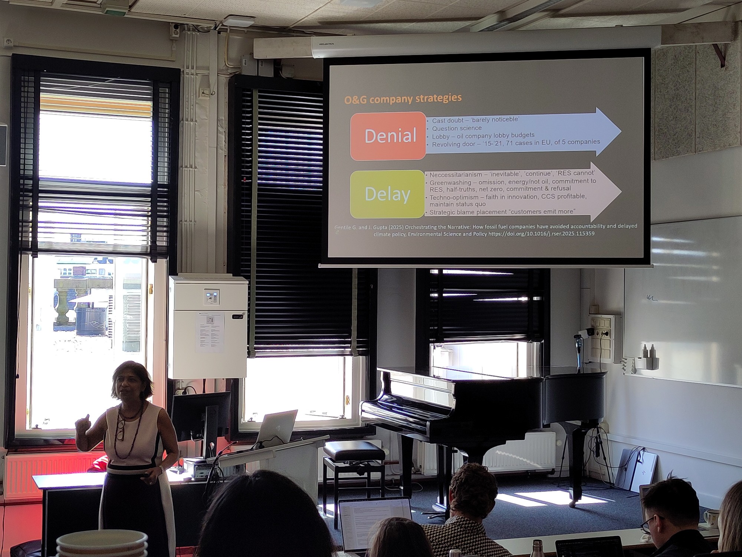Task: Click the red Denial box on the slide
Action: (x=388, y=136)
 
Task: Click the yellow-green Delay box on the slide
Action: (x=387, y=194)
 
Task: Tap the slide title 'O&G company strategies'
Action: (x=403, y=99)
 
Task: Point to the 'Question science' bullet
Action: (x=457, y=128)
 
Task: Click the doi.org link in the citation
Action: (x=541, y=234)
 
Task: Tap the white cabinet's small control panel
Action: (x=211, y=297)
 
